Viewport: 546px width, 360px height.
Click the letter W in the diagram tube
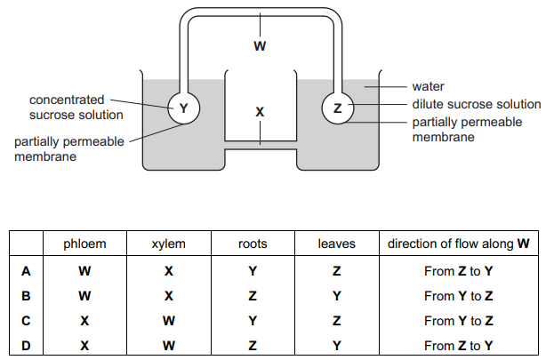coord(259,46)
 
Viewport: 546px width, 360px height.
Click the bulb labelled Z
coord(336,108)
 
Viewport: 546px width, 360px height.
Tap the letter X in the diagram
coord(260,113)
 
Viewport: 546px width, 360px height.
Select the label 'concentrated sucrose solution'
coord(76,107)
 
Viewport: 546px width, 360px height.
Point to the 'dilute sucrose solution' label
coord(476,104)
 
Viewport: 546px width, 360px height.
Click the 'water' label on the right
coord(428,87)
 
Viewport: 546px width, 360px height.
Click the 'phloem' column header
coord(84,244)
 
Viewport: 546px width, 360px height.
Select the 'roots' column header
coord(253,244)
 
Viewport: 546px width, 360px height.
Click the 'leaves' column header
coord(337,244)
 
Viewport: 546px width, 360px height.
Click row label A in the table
coord(26,270)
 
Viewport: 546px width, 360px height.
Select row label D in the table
coord(26,346)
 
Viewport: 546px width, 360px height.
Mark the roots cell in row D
coord(253,346)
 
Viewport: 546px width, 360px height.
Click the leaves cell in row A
coord(337,270)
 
